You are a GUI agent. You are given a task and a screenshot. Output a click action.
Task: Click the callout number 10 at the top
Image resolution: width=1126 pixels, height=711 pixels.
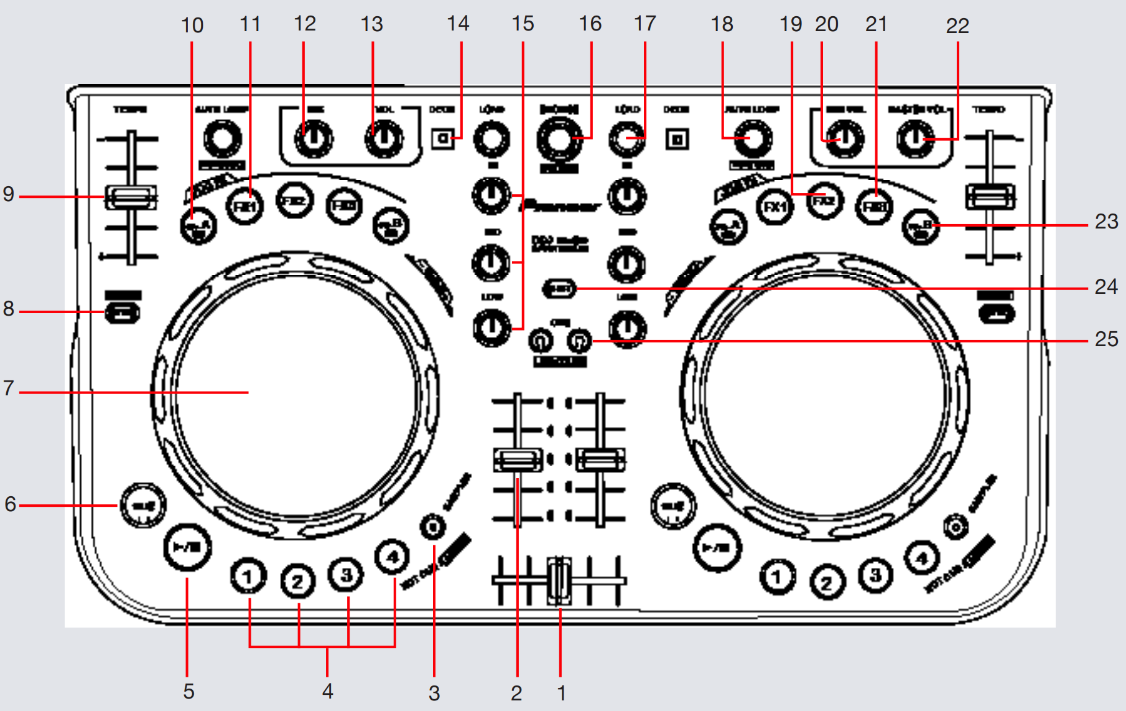[x=192, y=26]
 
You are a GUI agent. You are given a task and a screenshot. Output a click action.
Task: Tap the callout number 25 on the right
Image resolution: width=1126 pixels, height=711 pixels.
[x=1105, y=339]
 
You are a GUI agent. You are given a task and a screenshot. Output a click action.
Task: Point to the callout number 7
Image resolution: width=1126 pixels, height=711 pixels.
[x=8, y=388]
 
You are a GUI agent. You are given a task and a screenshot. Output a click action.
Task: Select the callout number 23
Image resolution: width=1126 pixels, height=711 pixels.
[x=1105, y=222]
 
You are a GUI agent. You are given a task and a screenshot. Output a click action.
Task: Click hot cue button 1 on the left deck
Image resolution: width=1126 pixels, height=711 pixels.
[x=248, y=577]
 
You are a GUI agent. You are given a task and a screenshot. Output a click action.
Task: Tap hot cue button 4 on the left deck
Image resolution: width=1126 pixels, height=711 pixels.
[x=392, y=556]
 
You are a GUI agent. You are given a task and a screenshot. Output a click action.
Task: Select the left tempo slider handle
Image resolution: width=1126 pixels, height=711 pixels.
[x=131, y=197]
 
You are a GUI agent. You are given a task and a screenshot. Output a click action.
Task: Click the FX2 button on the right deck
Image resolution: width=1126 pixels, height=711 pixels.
[x=825, y=202]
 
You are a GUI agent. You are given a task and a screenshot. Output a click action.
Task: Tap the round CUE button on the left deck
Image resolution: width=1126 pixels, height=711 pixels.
[x=142, y=505]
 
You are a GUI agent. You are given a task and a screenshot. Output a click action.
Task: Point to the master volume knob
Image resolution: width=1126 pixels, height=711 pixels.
[x=914, y=139]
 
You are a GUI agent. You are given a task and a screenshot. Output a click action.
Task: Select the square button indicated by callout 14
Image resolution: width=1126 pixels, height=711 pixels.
[x=443, y=138]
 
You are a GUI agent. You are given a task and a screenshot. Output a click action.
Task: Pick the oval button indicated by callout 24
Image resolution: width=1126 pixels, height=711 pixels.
[x=560, y=288]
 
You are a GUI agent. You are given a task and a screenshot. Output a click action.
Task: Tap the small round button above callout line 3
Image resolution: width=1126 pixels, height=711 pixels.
[x=433, y=527]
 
